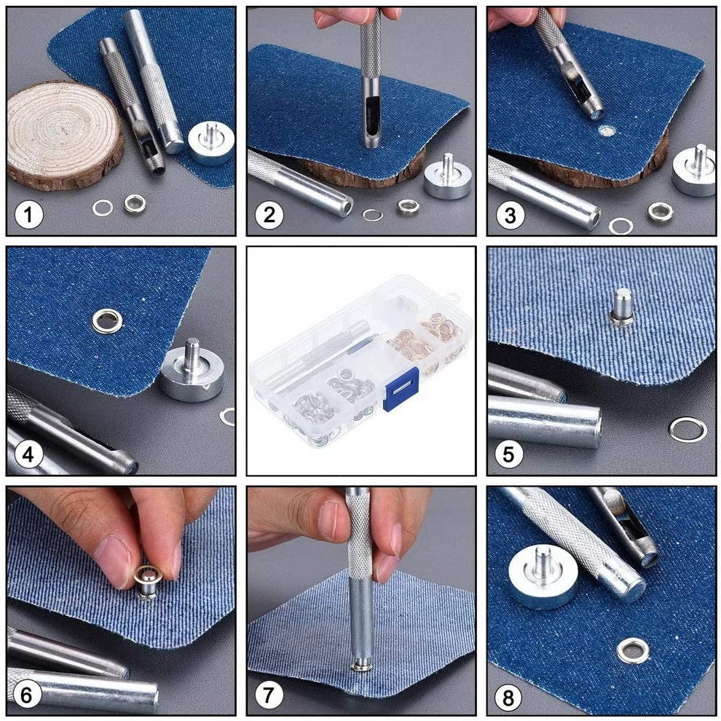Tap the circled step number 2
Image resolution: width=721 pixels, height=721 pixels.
coord(269,215)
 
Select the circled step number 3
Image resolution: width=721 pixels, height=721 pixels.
coord(510,215)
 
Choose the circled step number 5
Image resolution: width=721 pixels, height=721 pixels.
coord(509,455)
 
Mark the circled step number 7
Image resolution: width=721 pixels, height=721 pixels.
coord(269,695)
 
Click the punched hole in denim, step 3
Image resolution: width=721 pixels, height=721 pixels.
coord(606,132)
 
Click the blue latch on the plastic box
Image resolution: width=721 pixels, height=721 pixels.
coord(401,388)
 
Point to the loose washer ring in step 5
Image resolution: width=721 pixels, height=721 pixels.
coord(687,430)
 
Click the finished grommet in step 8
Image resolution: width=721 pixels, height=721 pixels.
coord(632,650)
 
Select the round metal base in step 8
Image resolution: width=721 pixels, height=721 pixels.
coord(543,575)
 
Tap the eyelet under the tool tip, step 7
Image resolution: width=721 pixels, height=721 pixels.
coord(360,665)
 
